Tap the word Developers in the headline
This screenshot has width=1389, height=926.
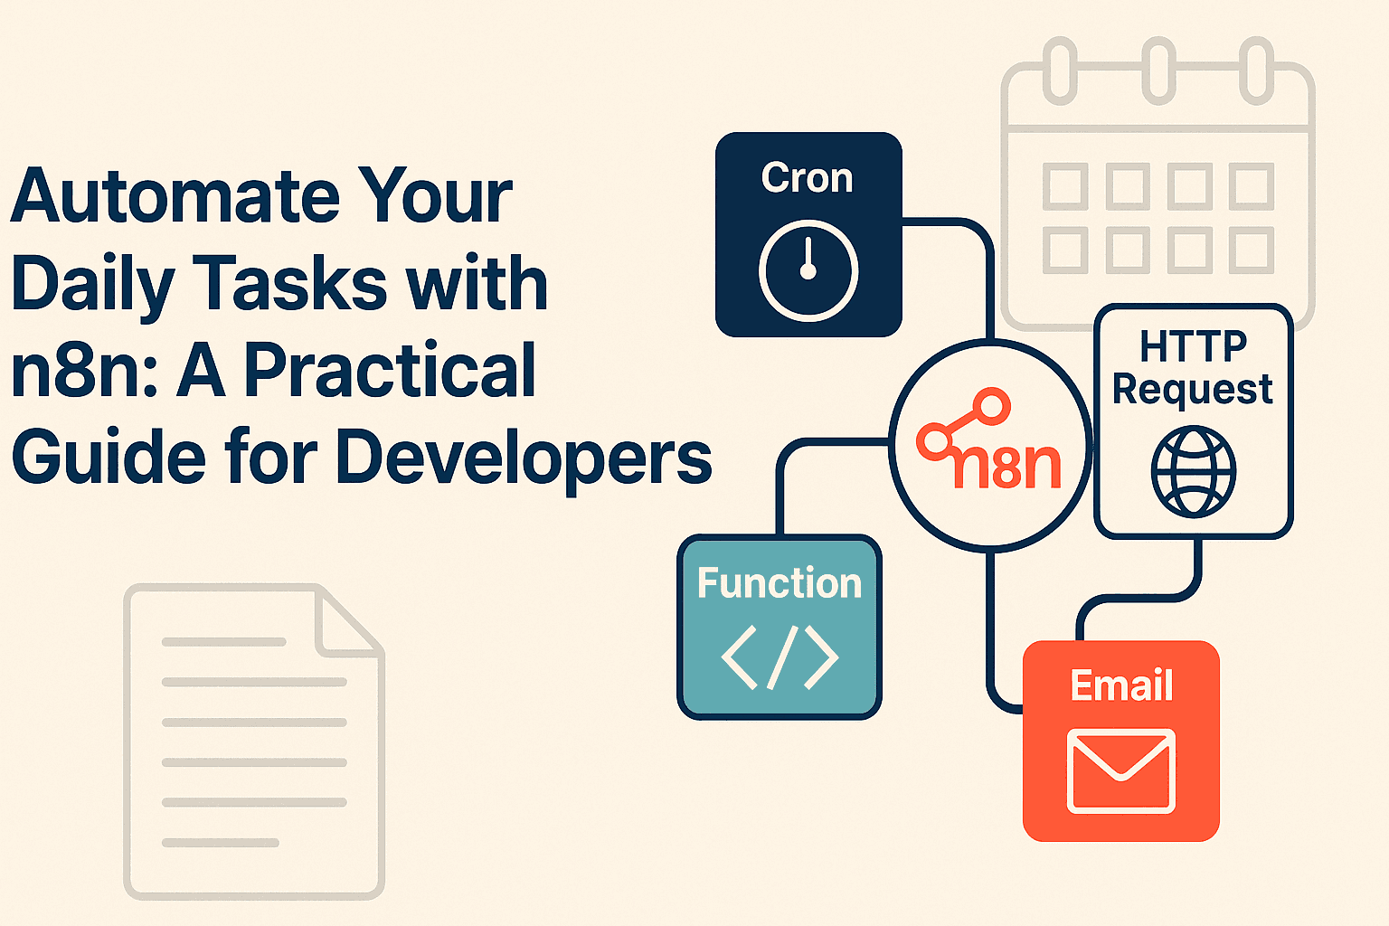click(524, 458)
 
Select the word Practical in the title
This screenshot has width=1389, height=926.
click(390, 371)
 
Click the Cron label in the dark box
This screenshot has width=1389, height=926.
click(808, 177)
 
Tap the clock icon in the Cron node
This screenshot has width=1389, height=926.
click(808, 269)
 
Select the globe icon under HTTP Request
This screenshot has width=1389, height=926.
click(1193, 472)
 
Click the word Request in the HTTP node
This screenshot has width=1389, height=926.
click(1192, 389)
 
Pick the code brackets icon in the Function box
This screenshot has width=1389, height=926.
click(780, 657)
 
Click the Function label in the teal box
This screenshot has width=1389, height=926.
click(780, 583)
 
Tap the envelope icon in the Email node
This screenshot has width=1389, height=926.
click(1121, 770)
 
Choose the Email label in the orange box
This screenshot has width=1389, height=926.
click(1121, 685)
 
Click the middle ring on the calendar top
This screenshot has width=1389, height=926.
click(1158, 70)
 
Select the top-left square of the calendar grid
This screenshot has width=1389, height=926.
click(1064, 185)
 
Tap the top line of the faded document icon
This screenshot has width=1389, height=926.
click(223, 642)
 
